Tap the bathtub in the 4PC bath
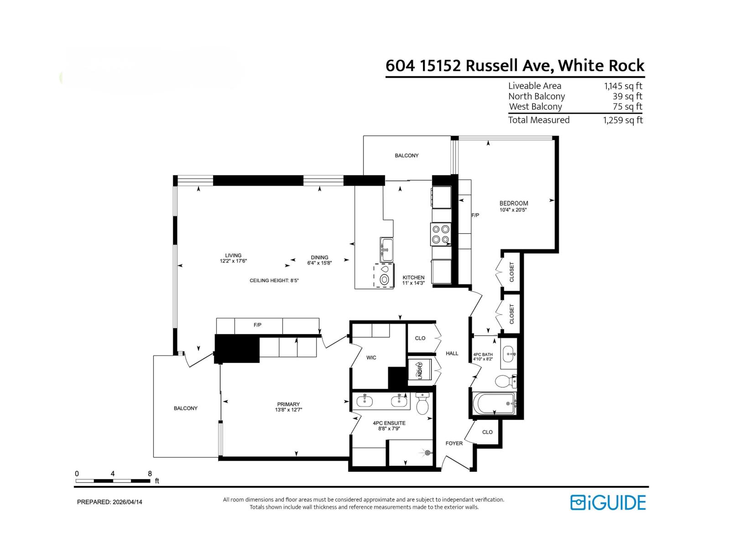point(495,403)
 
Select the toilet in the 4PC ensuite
point(422,404)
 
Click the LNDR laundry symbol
point(420,370)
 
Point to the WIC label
point(371,358)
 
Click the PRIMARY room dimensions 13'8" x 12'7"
point(289,410)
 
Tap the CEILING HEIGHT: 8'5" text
point(274,281)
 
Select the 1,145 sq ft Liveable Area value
point(623,86)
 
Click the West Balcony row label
point(535,107)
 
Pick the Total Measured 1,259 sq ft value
point(623,120)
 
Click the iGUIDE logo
point(608,502)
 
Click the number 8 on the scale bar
point(150,474)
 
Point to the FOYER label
point(454,443)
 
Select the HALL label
point(452,353)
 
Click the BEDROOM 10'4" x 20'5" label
point(514,206)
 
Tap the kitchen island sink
point(386,249)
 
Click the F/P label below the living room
point(257,325)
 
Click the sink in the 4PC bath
point(509,354)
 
